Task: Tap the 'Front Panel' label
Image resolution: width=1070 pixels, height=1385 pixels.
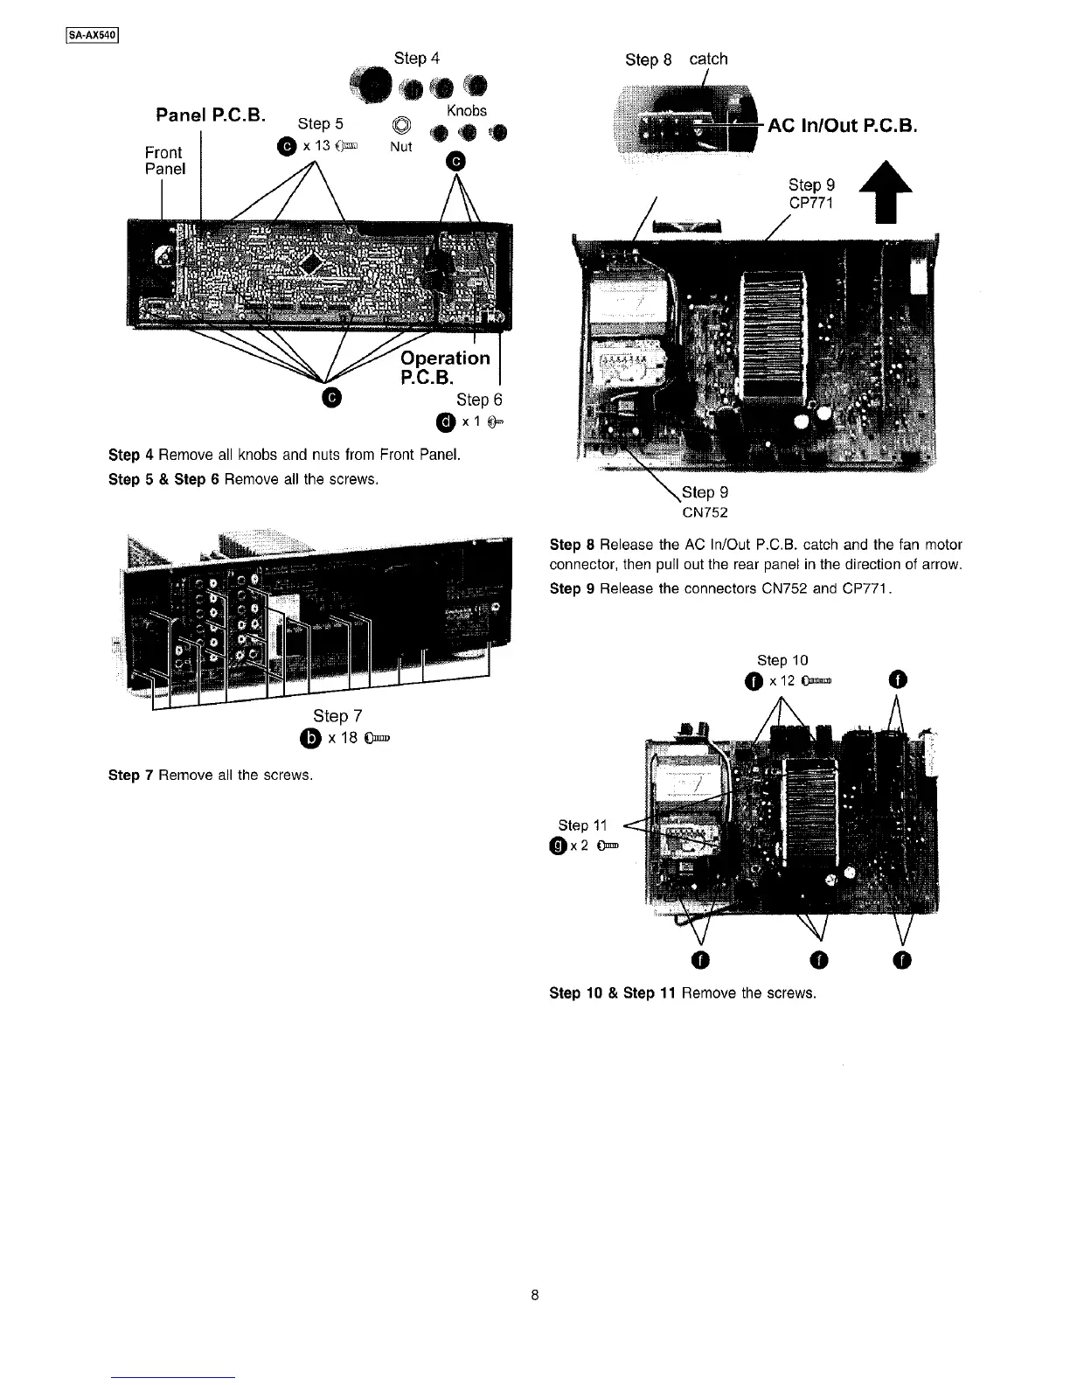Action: [164, 160]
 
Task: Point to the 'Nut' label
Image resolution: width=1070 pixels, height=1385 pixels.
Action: [400, 147]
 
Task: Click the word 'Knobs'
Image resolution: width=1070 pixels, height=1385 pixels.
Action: [466, 111]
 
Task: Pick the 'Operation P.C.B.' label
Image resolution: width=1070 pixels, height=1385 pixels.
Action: [444, 367]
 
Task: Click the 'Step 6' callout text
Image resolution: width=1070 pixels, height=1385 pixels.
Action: [479, 400]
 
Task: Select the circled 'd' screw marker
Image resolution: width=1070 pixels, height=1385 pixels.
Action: [445, 422]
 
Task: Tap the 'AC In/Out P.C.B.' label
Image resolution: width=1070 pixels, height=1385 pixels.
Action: [842, 126]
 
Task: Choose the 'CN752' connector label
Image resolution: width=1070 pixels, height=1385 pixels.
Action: [705, 512]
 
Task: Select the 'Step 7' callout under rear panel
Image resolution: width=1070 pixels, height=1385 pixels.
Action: [331, 716]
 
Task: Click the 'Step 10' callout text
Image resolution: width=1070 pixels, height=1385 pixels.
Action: [782, 660]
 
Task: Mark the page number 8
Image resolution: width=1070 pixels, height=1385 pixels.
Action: [535, 1296]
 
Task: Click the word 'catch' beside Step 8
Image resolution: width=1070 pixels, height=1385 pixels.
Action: [708, 59]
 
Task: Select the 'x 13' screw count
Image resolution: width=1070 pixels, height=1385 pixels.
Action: [313, 145]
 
